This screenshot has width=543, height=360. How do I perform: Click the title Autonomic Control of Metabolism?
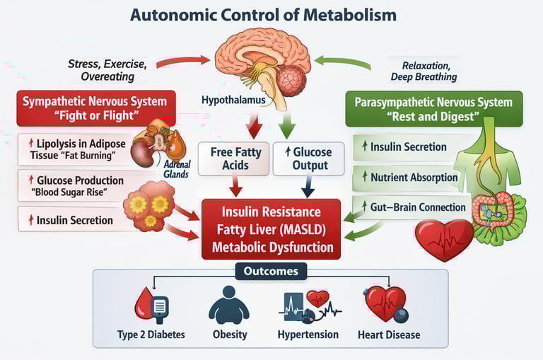[x=271, y=15]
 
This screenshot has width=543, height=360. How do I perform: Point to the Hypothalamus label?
[x=233, y=100]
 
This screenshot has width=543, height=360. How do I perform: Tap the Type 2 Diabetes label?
[x=152, y=334]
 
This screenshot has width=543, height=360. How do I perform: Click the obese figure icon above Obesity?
[x=230, y=304]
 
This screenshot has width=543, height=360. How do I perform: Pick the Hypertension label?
[x=308, y=334]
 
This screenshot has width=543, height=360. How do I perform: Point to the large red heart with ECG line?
[x=444, y=239]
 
